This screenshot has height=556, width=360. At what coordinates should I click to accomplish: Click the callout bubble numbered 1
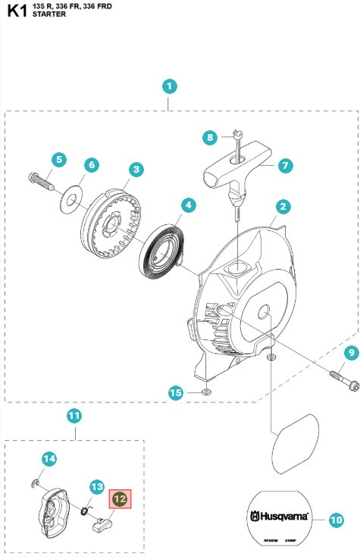click(x=170, y=86)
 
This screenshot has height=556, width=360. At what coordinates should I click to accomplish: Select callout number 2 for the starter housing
click(x=282, y=206)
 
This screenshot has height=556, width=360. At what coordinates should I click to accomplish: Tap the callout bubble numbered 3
click(x=136, y=168)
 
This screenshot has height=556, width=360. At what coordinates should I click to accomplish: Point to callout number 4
click(x=187, y=205)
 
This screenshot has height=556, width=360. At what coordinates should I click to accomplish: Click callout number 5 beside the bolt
click(x=58, y=159)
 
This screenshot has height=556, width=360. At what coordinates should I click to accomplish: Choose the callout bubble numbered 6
click(x=90, y=164)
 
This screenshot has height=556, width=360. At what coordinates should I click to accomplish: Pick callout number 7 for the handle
click(x=285, y=164)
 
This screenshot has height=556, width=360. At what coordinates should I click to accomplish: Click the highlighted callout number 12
click(x=121, y=499)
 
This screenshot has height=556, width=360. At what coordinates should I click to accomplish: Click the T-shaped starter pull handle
click(x=235, y=170)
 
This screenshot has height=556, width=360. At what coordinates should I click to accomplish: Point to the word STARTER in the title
click(x=49, y=15)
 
